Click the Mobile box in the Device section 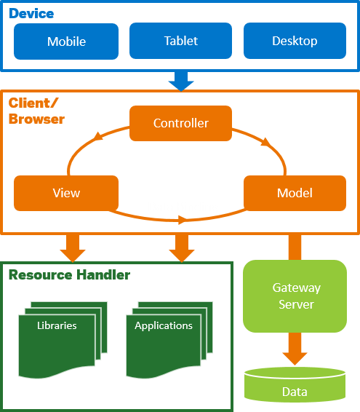pyautogui.click(x=66, y=41)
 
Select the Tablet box pyautogui.click(x=180, y=41)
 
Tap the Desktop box pyautogui.click(x=295, y=41)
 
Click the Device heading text pyautogui.click(x=31, y=13)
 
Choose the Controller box pyautogui.click(x=180, y=123)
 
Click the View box pyautogui.click(x=66, y=193)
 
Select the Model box pyautogui.click(x=295, y=193)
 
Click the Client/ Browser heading pyautogui.click(x=36, y=111)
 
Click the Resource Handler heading pyautogui.click(x=68, y=275)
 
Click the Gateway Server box pyautogui.click(x=295, y=295)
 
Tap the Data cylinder pyautogui.click(x=295, y=386)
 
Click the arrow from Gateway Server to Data pyautogui.click(x=295, y=348)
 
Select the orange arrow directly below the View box pyautogui.click(x=73, y=247)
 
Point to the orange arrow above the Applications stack pyautogui.click(x=180, y=247)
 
